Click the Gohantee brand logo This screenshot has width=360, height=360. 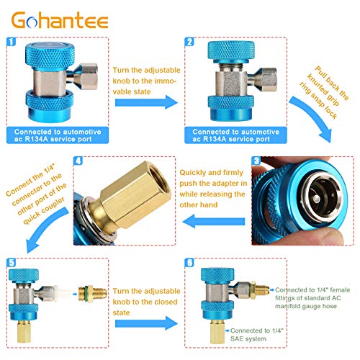pyautogui.click(x=60, y=20)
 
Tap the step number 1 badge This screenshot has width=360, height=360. pyautogui.click(x=12, y=42)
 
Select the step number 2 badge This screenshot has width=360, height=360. pyautogui.click(x=189, y=42)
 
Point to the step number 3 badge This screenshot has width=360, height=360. pyautogui.click(x=256, y=161)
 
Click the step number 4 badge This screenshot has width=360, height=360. pyautogui.click(x=78, y=161)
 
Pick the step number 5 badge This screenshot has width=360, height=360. pyautogui.click(x=12, y=263)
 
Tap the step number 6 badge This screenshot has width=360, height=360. pyautogui.click(x=189, y=263)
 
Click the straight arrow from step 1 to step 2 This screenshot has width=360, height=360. pyautogui.click(x=146, y=102)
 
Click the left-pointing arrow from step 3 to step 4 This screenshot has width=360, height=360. pyautogui.click(x=214, y=221)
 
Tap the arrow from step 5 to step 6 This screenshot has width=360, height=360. pyautogui.click(x=146, y=323)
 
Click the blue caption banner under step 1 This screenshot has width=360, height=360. pyautogui.click(x=58, y=135)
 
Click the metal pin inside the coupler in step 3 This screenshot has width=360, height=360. pyautogui.click(x=317, y=199)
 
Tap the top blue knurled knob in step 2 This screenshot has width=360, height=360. pyautogui.click(x=231, y=52)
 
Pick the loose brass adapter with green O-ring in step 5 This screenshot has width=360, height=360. pyautogui.click(x=93, y=294)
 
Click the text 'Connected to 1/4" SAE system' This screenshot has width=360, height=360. pyautogui.click(x=257, y=335)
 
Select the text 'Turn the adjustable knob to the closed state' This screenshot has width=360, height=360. pyautogui.click(x=146, y=302)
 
